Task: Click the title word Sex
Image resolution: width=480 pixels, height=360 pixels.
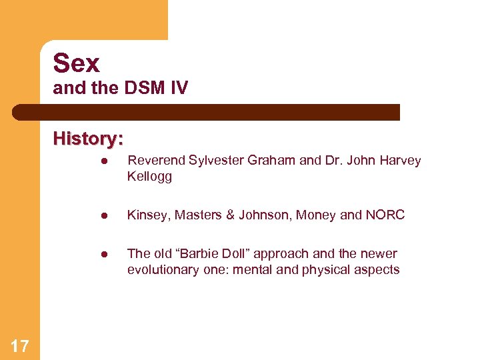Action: click(76, 63)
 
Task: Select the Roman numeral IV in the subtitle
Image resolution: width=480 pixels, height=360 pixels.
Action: click(179, 88)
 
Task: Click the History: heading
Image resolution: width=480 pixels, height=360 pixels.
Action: click(88, 139)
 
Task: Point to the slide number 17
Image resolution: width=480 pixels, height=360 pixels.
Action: click(20, 345)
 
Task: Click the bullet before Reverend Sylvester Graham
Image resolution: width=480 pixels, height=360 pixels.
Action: click(104, 161)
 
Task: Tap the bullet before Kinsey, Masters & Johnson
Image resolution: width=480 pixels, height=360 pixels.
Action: click(104, 216)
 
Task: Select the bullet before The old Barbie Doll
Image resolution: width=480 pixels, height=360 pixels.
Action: click(104, 255)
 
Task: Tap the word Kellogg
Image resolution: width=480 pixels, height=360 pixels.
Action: click(149, 177)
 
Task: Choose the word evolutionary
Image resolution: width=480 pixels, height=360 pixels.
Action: click(163, 270)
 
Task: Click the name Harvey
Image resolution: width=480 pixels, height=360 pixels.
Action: click(400, 161)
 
